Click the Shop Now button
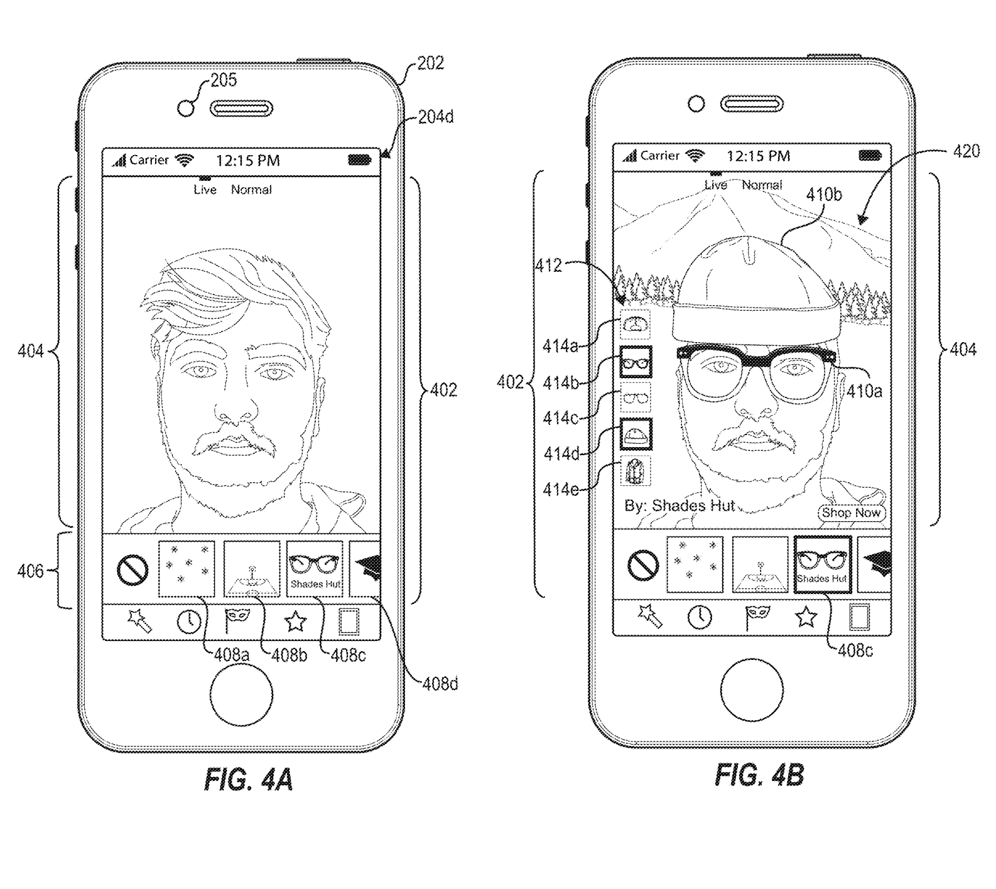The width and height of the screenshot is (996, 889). (x=852, y=513)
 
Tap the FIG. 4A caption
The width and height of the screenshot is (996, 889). (x=249, y=780)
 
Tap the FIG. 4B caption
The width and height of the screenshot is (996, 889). (x=759, y=775)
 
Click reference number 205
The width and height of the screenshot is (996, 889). (x=224, y=80)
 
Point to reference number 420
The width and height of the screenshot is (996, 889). (x=966, y=151)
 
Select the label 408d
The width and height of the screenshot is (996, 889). (x=440, y=684)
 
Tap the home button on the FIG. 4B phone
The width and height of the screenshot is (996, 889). (x=752, y=689)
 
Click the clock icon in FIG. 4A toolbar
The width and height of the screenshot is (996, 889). (x=188, y=622)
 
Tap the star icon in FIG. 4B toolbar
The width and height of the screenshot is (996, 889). (x=806, y=617)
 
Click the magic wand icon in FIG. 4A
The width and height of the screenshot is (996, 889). (x=139, y=622)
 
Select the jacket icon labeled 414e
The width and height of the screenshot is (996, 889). (x=636, y=471)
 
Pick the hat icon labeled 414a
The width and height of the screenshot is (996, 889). (x=636, y=325)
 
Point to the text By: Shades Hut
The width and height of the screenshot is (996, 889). (x=679, y=505)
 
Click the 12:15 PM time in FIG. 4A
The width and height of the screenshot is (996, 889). (x=247, y=161)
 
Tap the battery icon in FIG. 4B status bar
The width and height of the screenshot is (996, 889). (x=870, y=155)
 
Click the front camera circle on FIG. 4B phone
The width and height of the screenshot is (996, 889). (x=696, y=104)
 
